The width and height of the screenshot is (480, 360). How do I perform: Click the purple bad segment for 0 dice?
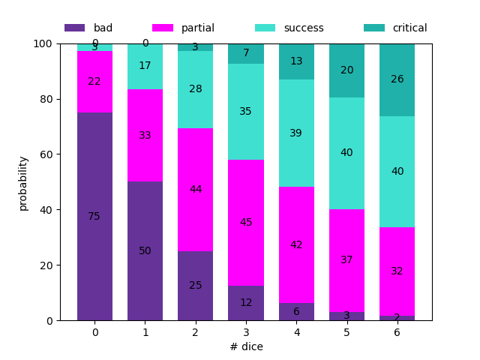tap(94, 225)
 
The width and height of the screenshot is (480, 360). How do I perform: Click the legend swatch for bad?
tap(74, 28)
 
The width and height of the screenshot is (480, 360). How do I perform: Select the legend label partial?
tap(197, 28)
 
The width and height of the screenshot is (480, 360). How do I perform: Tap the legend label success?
tap(304, 28)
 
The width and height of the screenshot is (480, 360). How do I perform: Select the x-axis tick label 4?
tap(296, 331)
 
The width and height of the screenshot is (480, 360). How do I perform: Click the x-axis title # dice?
tap(246, 346)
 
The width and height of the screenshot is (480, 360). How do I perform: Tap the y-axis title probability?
tap(23, 182)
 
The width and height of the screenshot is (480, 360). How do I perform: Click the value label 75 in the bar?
tap(94, 216)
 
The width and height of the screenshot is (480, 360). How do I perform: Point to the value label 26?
tap(397, 79)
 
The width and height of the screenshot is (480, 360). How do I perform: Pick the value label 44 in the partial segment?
tap(195, 189)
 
